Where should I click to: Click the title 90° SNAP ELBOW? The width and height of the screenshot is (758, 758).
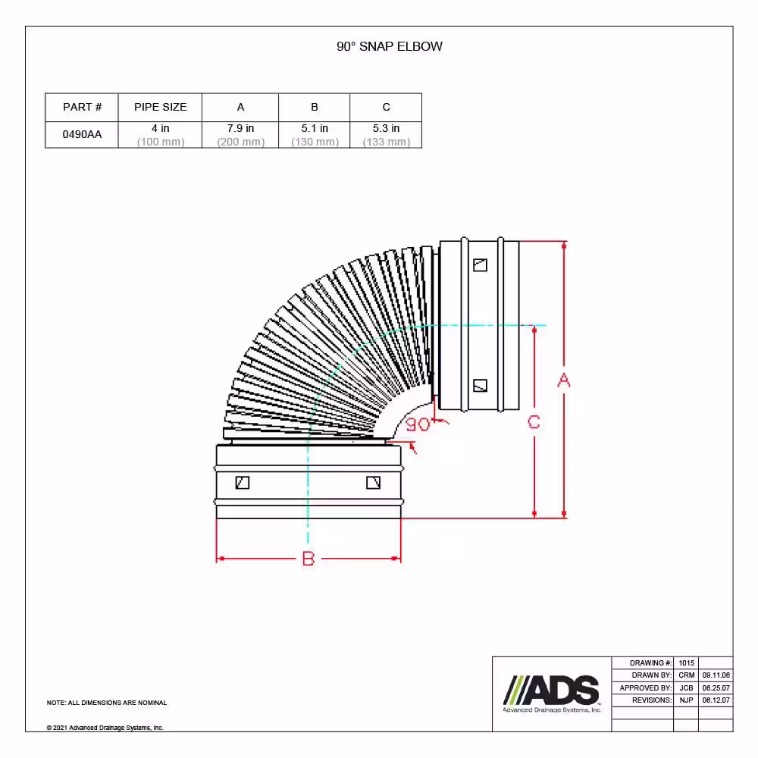[390, 46]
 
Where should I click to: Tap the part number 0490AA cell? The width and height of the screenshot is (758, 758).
[82, 134]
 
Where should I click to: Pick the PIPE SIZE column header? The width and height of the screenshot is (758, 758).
[160, 107]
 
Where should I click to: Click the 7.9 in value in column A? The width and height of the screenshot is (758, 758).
[240, 129]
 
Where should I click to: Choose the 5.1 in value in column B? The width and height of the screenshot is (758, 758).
[314, 129]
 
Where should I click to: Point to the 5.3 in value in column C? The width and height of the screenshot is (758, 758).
[386, 129]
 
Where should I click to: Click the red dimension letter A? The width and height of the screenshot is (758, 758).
[563, 381]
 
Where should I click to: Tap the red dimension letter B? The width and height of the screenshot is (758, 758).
[308, 559]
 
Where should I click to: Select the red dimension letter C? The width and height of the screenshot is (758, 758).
[534, 422]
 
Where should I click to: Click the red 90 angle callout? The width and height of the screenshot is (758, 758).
[418, 424]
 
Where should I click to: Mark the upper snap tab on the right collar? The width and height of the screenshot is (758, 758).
[480, 265]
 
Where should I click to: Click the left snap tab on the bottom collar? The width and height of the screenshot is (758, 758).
[243, 482]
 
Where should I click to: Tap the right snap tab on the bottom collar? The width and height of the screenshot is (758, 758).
[373, 482]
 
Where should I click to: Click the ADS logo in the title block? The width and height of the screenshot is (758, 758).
[552, 693]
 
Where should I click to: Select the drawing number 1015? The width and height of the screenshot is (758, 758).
[686, 662]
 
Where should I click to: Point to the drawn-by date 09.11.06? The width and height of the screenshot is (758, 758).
[716, 675]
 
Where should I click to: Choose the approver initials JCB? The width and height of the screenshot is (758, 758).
[686, 688]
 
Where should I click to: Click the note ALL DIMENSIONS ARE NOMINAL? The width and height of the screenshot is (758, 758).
[107, 703]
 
